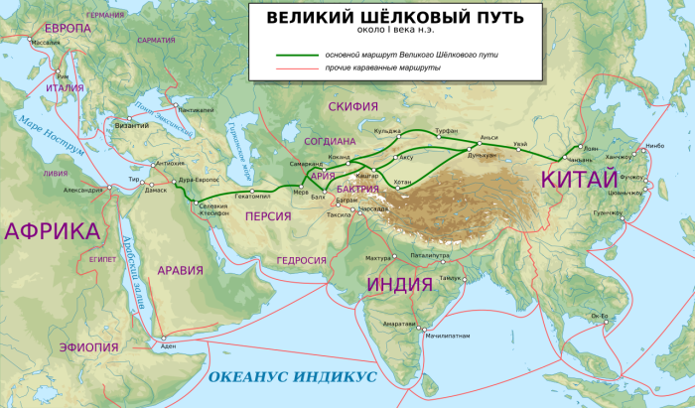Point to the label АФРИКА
click(52, 232)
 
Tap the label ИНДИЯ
click(400, 284)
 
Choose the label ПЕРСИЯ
click(269, 215)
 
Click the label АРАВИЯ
click(179, 269)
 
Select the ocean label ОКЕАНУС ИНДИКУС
click(292, 377)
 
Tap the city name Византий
click(131, 127)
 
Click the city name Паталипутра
click(409, 255)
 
